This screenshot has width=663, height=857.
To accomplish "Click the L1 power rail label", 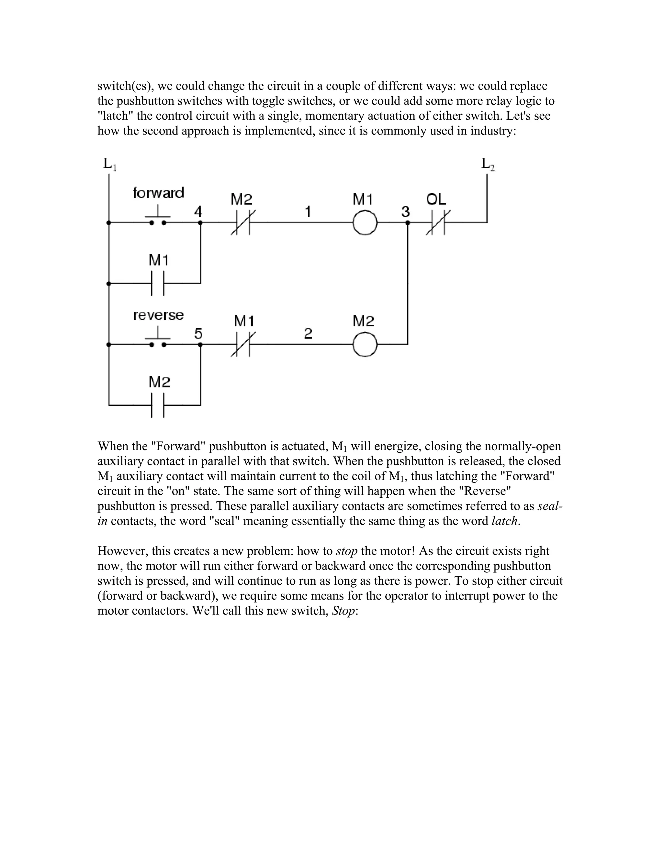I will [110, 164].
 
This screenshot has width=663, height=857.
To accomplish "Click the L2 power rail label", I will [488, 164].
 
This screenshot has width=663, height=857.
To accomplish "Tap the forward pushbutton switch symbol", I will [158, 217].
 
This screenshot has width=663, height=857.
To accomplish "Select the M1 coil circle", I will [365, 222].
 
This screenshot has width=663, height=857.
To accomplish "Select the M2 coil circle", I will [365, 344].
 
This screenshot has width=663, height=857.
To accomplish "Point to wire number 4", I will [198, 212].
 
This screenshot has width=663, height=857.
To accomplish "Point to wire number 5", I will [198, 333].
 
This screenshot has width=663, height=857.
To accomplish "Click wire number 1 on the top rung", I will [308, 212].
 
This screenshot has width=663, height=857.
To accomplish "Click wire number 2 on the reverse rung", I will [308, 333].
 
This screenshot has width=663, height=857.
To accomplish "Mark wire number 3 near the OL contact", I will [405, 212].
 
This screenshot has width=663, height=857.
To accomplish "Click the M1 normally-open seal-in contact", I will [158, 283].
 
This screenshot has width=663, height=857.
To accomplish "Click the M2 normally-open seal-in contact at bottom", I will [158, 405].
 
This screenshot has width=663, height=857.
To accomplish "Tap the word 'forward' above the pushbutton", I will [158, 193].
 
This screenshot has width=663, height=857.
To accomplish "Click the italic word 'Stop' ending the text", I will [343, 611].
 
